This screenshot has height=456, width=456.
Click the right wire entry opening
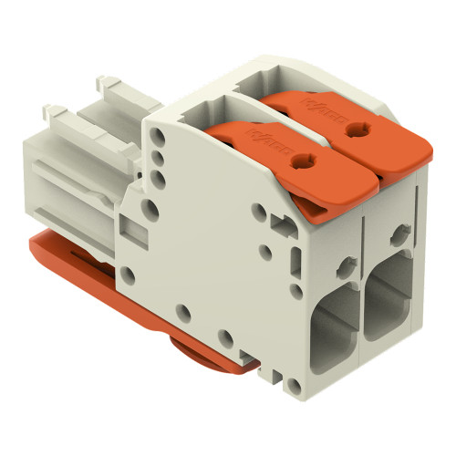coord(390,300)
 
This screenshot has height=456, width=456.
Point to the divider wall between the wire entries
coord(364,315)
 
